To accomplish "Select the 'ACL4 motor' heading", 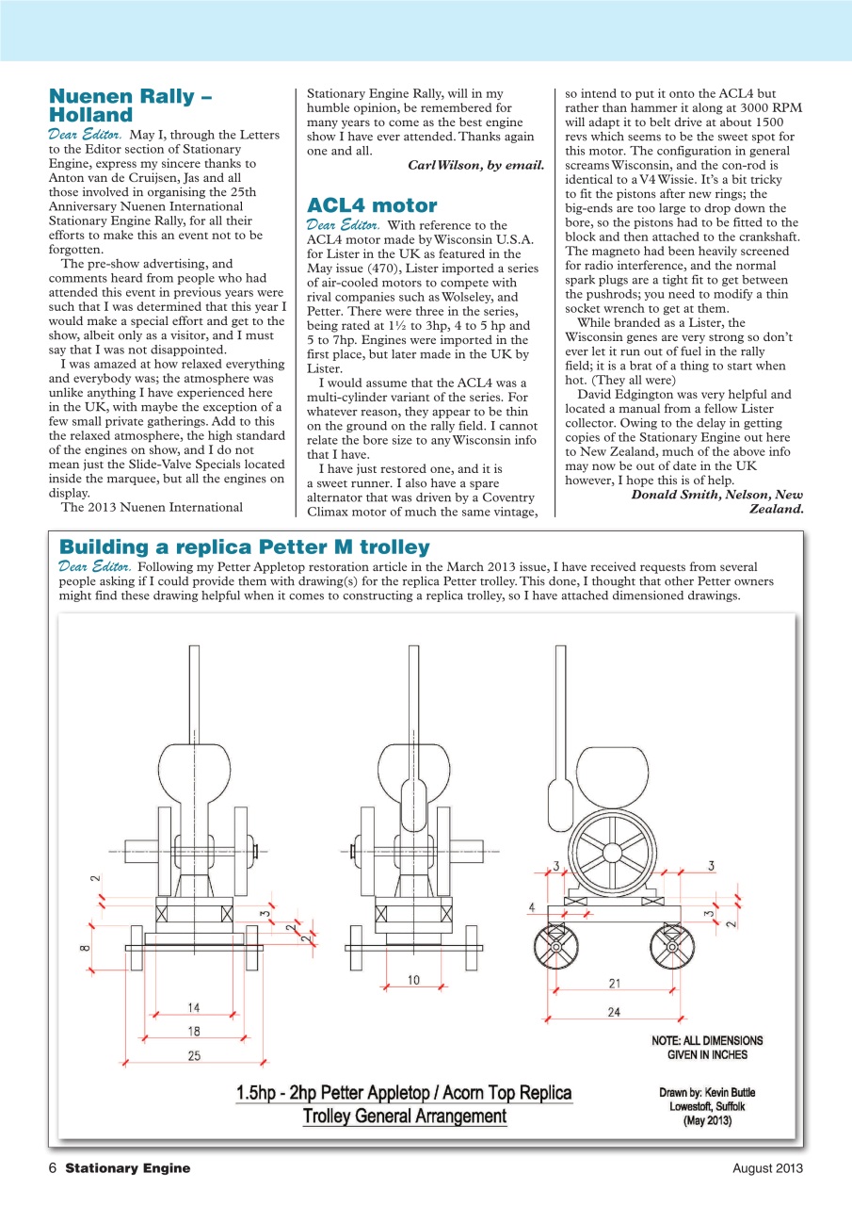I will click(372, 205).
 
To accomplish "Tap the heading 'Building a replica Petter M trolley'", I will click(244, 547).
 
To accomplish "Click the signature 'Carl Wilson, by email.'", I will click(475, 165).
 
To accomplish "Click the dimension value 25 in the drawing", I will click(193, 1055).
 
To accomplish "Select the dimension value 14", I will click(193, 1007).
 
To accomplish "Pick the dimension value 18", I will click(193, 1032).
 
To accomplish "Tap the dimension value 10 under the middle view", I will click(413, 981).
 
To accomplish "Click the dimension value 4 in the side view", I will click(532, 907).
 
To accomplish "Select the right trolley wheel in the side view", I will click(672, 945).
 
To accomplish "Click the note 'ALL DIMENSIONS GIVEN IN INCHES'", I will click(707, 1048).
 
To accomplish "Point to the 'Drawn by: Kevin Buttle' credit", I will click(707, 1092).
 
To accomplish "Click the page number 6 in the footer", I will click(54, 1168).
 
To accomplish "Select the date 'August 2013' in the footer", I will click(767, 1168).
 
